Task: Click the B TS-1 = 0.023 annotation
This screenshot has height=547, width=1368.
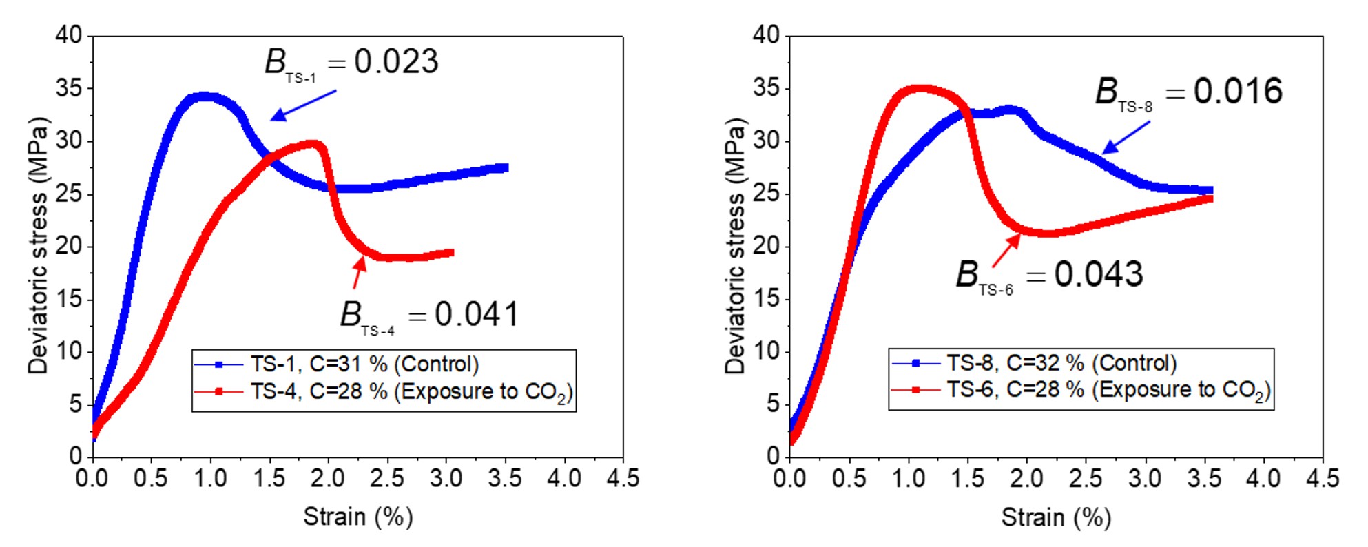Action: pos(351,64)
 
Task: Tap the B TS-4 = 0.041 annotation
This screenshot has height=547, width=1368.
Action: pos(429,316)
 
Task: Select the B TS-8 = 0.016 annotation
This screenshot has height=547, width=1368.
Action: pos(1189,93)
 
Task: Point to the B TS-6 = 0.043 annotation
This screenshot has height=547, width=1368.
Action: pos(1049,276)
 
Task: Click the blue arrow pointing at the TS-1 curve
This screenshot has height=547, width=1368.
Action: pos(303,105)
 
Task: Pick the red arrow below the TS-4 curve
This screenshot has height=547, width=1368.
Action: pos(359,271)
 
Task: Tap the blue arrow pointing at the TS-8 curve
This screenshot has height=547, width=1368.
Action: pos(1126,137)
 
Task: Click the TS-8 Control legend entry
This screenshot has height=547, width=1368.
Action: pos(1034,362)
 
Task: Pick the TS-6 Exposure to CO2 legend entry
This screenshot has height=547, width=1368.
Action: pos(1081,391)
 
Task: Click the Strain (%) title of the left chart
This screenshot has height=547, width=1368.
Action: pos(358,517)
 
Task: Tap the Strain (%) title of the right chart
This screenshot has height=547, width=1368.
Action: pos(1056,517)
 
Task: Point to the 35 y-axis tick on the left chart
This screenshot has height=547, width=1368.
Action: pos(69,88)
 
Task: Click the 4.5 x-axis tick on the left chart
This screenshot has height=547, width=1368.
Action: pos(623,478)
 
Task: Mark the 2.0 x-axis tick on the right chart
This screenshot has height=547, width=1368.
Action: pos(1026,478)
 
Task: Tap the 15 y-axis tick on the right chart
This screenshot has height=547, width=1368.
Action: pos(766,298)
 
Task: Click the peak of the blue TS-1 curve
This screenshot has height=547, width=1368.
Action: pos(204,96)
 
